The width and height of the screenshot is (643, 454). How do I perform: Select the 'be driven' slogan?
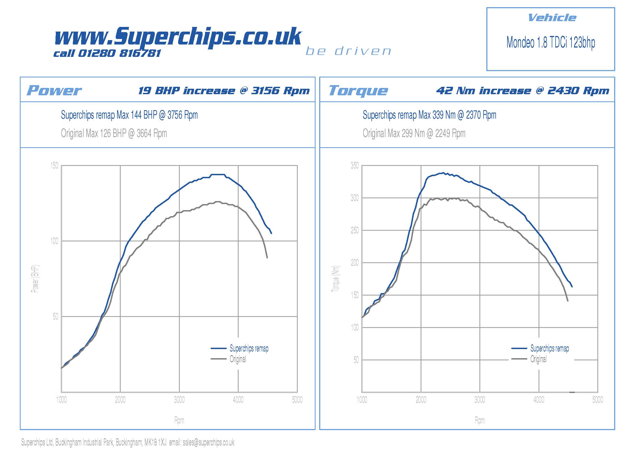(348, 51)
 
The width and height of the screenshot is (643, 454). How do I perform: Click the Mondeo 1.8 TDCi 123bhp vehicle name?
(551, 43)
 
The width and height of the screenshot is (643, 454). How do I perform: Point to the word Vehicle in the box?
(552, 18)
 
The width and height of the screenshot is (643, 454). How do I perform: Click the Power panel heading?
(54, 90)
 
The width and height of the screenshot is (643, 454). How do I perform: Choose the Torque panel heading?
(358, 90)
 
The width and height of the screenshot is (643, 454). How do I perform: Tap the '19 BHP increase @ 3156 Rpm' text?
(224, 91)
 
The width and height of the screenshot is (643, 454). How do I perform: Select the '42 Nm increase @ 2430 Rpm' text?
(523, 91)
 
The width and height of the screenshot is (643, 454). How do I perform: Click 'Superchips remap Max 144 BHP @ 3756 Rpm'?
(129, 115)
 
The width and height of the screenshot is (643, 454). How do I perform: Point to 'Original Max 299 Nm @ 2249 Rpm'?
(414, 133)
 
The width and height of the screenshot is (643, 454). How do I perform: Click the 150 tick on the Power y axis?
(54, 166)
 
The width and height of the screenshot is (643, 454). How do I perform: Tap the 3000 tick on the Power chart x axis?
(179, 400)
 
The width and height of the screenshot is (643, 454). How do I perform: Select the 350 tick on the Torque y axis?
(355, 166)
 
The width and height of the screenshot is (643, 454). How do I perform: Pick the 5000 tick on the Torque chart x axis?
(598, 400)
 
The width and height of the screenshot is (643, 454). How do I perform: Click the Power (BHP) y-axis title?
(35, 278)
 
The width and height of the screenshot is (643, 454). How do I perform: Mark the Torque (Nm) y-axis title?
(335, 278)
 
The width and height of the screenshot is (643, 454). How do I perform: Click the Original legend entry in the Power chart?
(238, 359)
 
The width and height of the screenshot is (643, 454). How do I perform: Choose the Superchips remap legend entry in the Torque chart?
(550, 348)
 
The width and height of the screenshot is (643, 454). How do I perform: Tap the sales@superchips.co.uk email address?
(208, 442)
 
